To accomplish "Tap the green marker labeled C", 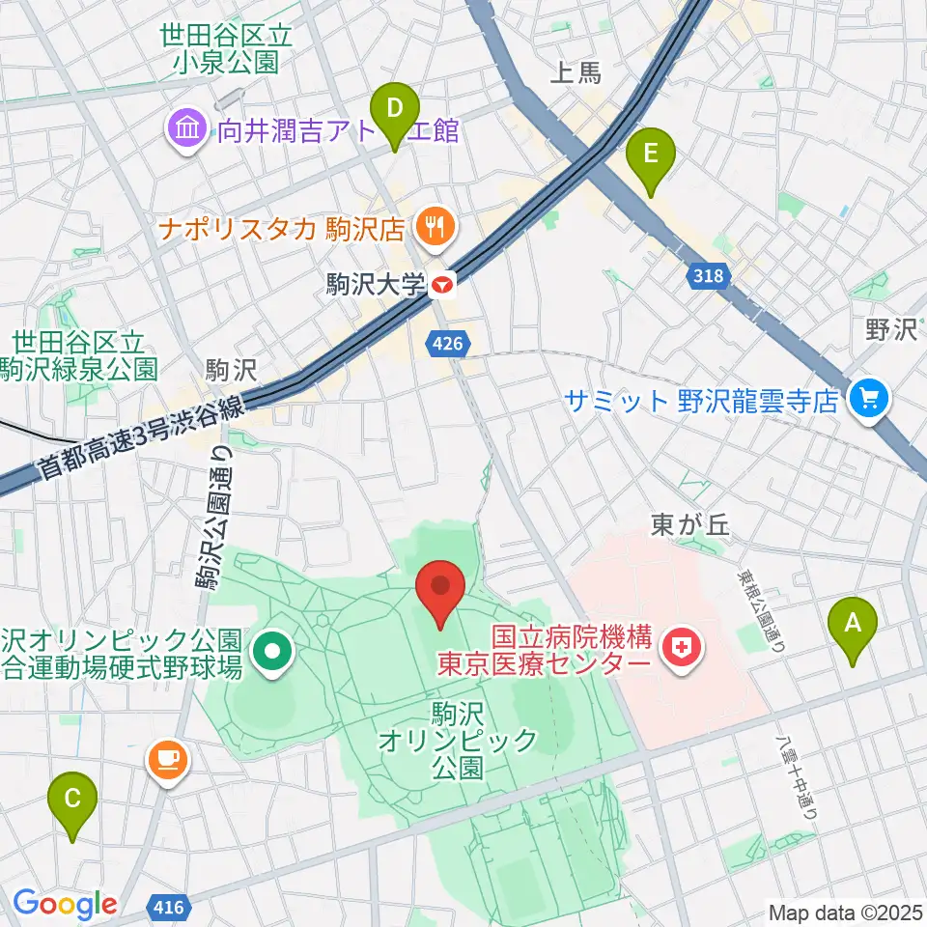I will (72, 800).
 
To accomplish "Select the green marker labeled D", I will (395, 109).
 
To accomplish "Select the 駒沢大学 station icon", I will (443, 285).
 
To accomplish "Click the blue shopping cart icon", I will (868, 397).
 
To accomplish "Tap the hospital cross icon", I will (684, 648).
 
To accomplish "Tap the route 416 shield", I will (170, 906).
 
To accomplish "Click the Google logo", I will (65, 904).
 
